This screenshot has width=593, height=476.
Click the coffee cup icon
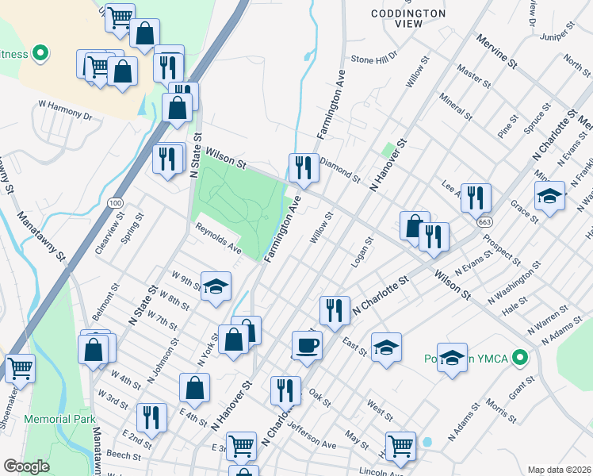tap(307, 345)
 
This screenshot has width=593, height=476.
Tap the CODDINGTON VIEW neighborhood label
tap(409, 19)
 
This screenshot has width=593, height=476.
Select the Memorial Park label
tap(59, 419)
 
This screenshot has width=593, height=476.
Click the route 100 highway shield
tap(116, 204)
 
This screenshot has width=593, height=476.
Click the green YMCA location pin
tap(520, 358)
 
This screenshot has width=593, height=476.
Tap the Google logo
tap(26, 466)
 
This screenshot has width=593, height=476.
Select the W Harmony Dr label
tap(65, 109)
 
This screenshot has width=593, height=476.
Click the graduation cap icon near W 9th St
tap(216, 286)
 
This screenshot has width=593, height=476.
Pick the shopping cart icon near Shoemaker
tap(20, 367)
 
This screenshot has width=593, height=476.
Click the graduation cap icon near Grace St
tap(549, 195)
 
